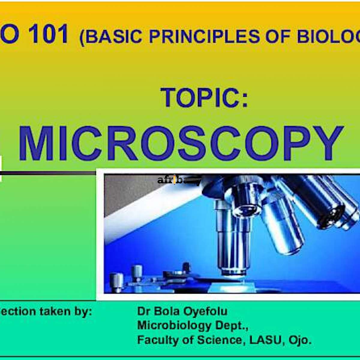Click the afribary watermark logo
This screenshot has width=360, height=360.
[x=179, y=181]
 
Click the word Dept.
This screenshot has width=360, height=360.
[x=231, y=325]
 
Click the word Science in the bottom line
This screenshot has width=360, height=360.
[x=219, y=340]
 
